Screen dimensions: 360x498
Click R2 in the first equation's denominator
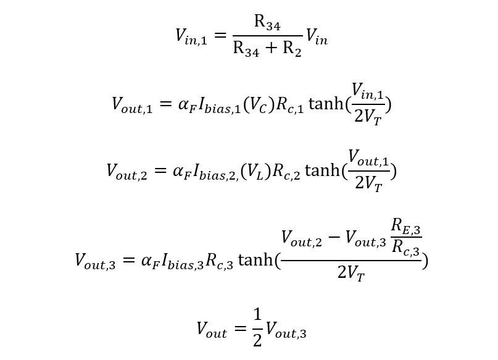pos(292,50)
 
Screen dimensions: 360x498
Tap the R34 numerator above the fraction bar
pos(268,23)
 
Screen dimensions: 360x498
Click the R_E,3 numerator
pos(407,231)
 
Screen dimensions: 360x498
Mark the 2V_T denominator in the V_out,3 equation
pos(351,272)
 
